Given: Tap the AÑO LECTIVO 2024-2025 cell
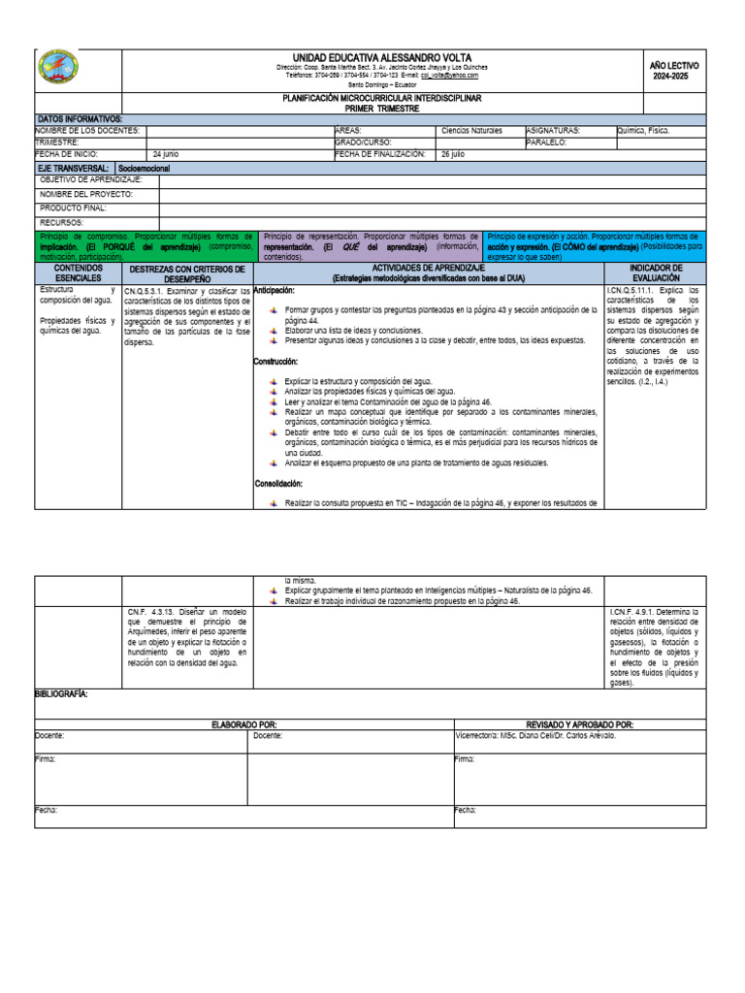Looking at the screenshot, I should tap(673, 70).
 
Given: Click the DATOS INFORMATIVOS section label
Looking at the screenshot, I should tap(80, 118).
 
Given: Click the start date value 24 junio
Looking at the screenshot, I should tap(166, 154).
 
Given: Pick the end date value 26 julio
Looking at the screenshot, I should tap(453, 154).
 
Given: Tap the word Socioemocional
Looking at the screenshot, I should tap(145, 168).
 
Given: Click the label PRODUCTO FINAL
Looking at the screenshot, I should tap(74, 208).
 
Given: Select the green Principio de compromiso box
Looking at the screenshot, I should tap(146, 246).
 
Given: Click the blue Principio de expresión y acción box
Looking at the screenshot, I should tap(597, 246).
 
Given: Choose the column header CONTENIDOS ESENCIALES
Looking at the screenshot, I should tap(78, 273).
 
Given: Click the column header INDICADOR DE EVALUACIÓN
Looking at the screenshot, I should tap(656, 273).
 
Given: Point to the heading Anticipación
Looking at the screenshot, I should tap(275, 290).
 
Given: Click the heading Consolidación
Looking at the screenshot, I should tap(279, 483).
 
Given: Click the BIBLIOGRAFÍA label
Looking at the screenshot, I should tap(62, 694).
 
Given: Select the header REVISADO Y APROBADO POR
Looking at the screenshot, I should tap(579, 724).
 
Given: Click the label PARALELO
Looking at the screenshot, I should tap(546, 142).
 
